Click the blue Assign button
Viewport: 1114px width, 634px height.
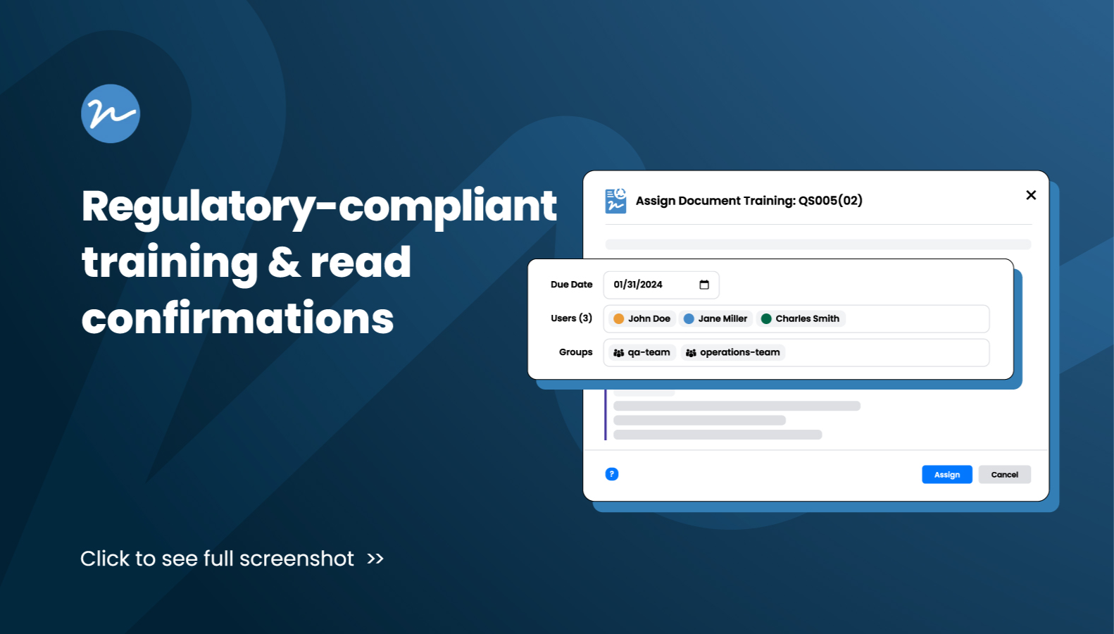pyautogui.click(x=947, y=474)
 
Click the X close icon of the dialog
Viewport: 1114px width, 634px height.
pyautogui.click(x=1031, y=195)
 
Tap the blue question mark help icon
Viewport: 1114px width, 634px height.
pyautogui.click(x=612, y=474)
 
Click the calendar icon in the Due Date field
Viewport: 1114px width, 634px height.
pyautogui.click(x=704, y=285)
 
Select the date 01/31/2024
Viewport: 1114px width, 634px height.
pyautogui.click(x=638, y=285)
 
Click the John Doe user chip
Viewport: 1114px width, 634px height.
pyautogui.click(x=642, y=318)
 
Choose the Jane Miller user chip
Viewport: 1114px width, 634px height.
pyautogui.click(x=715, y=318)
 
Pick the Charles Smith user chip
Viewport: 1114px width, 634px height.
pyautogui.click(x=801, y=318)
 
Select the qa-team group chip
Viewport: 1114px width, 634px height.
pyautogui.click(x=642, y=352)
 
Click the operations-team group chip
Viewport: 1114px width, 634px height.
pyautogui.click(x=733, y=352)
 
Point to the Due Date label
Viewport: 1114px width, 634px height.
pyautogui.click(x=571, y=284)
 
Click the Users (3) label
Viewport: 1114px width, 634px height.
pyautogui.click(x=571, y=318)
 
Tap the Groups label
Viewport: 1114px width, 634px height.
pyautogui.click(x=575, y=352)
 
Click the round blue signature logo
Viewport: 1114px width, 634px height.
pyautogui.click(x=111, y=113)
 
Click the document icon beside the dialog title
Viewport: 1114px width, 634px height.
pyautogui.click(x=615, y=201)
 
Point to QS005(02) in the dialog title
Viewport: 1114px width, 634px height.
pyautogui.click(x=830, y=201)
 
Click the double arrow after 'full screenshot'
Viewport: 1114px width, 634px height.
pyautogui.click(x=375, y=559)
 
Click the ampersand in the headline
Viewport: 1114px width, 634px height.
pyautogui.click(x=284, y=262)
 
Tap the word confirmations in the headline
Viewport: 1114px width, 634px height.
pyautogui.click(x=238, y=318)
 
